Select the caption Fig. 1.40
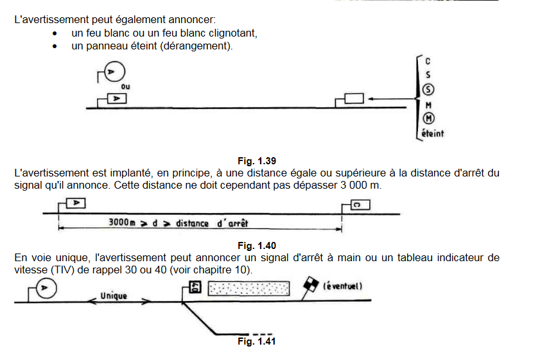257,246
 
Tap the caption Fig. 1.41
257,341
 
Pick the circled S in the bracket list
429,89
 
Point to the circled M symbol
429,118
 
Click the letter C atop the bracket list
428,62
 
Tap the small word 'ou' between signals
125,85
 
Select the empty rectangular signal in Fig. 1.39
354,99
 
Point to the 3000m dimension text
121,223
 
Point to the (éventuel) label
344,286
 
